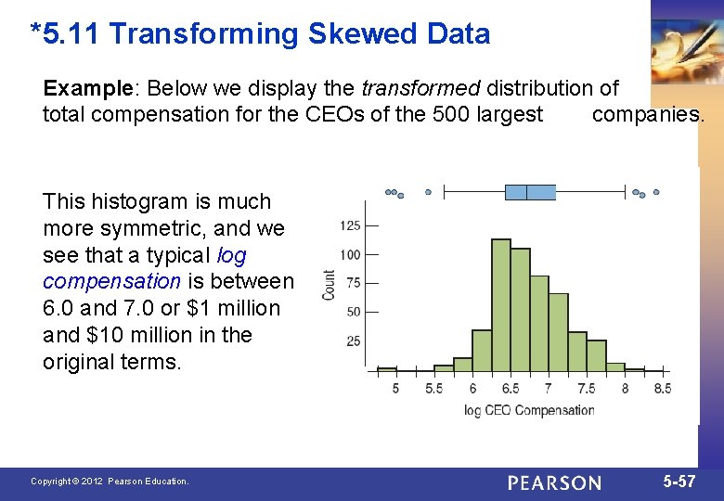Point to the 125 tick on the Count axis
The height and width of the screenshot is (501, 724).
pos(351,225)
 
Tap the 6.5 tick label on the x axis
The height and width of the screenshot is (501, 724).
pos(510,389)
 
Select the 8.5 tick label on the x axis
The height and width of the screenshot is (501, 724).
pos(662,389)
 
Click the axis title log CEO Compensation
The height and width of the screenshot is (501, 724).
pos(529,410)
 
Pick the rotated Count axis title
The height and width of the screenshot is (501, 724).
pos(329,284)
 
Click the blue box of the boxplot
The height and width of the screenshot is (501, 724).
pos(530,192)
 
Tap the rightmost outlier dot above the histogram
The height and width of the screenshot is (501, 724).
pos(655,193)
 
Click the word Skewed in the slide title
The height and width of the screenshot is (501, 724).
pos(364,34)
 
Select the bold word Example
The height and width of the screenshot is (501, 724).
pos(87,88)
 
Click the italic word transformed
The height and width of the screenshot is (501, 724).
pos(420,88)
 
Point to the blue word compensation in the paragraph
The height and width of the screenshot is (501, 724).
pos(111,281)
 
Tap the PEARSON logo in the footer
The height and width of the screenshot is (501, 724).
pos(554,482)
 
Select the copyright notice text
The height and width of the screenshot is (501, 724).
pos(110,482)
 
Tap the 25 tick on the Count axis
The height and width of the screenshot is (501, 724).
pos(353,341)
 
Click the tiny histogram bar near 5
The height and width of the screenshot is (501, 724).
pos(386,368)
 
